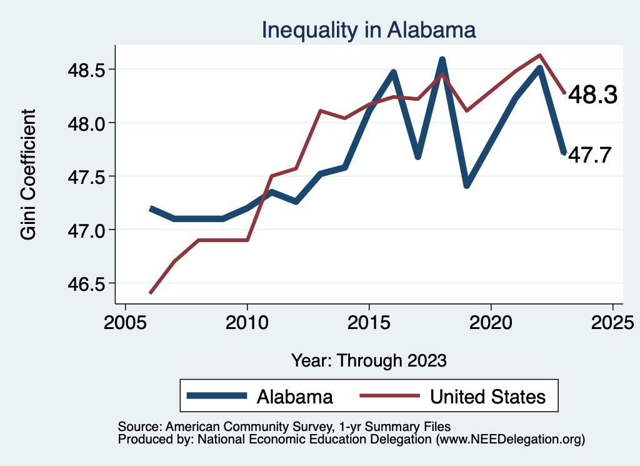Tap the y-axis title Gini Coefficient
tap(28, 175)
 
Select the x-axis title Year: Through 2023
tap(369, 360)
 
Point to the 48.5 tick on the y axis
tap(88, 69)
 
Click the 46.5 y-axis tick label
tap(88, 283)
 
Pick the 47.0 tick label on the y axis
tap(88, 230)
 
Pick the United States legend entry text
tap(488, 397)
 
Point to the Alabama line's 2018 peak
tap(442, 60)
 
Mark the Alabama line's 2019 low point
tap(466, 186)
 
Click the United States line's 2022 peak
tap(539, 55)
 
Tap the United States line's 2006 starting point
tap(150, 293)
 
